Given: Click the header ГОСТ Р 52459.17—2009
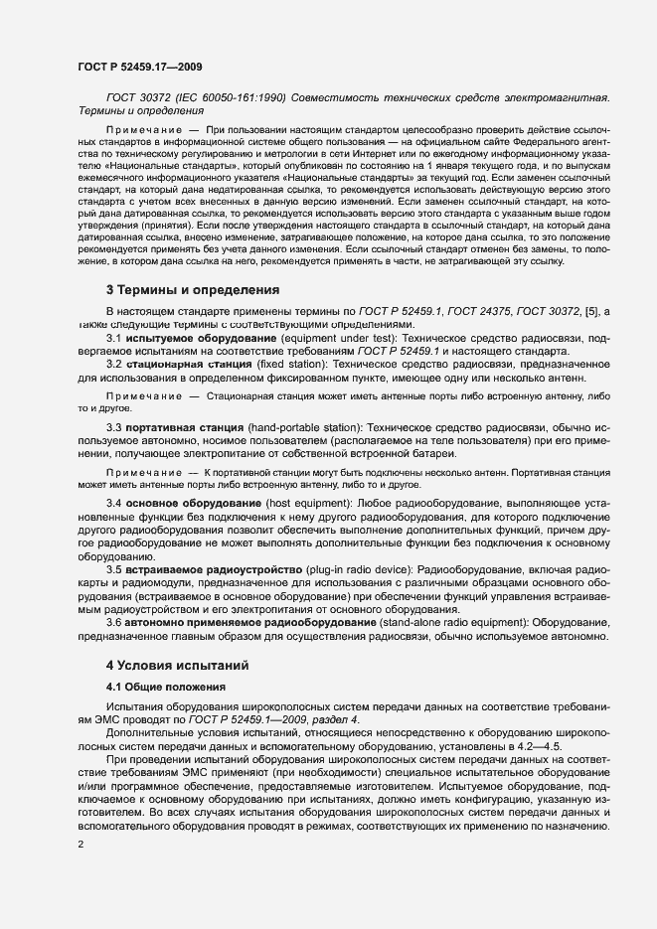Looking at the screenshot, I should coord(141,67).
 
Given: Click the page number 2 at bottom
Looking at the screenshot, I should coord(80,846).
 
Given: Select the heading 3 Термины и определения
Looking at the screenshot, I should coord(193,290).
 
